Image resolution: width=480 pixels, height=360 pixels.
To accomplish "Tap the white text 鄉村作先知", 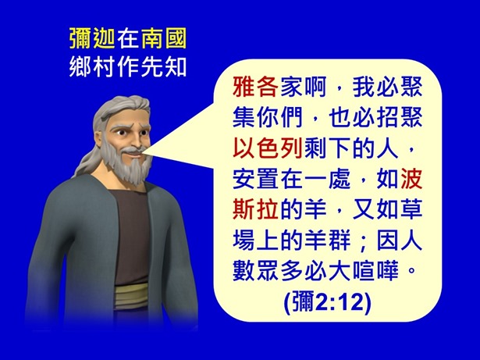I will pyautogui.click(x=127, y=66).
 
